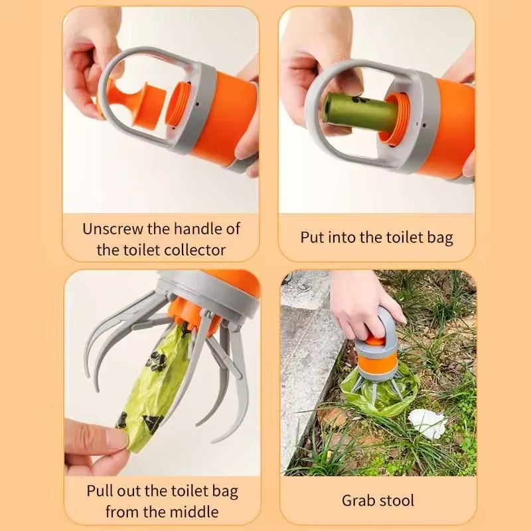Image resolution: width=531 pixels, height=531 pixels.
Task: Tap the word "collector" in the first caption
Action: point(192,250)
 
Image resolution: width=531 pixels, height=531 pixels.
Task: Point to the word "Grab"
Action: point(361,500)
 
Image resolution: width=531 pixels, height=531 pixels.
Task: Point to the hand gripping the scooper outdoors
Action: point(362,302)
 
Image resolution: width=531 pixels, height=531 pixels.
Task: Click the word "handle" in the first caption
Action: point(197,229)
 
